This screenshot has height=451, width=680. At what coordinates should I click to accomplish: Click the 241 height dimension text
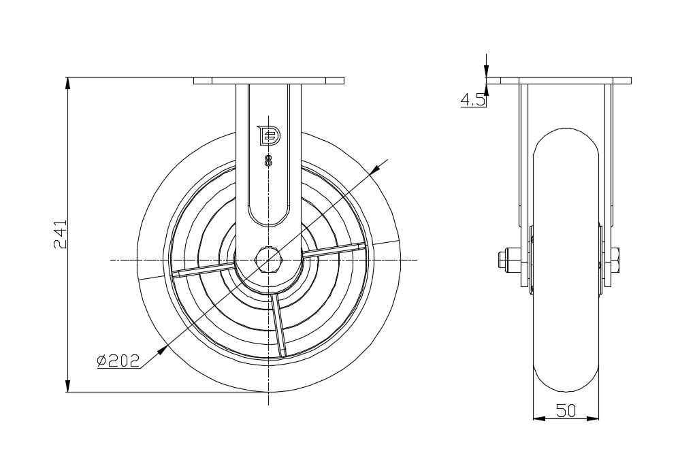pyautogui.click(x=61, y=235)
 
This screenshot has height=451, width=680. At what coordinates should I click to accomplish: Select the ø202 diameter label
pyautogui.click(x=118, y=361)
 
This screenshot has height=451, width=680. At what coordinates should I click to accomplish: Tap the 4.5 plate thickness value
pyautogui.click(x=472, y=101)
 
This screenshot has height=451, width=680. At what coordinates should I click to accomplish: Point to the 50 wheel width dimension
pyautogui.click(x=566, y=410)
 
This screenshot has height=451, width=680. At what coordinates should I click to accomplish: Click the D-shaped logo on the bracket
pyautogui.click(x=269, y=136)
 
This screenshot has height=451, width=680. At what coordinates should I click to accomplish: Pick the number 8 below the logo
pyautogui.click(x=268, y=161)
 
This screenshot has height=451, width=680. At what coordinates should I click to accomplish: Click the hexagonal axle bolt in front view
pyautogui.click(x=269, y=260)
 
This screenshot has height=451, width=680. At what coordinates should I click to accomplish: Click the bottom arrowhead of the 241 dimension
pyautogui.click(x=67, y=386)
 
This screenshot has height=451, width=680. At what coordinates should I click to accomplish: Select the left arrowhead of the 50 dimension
pyautogui.click(x=538, y=418)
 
